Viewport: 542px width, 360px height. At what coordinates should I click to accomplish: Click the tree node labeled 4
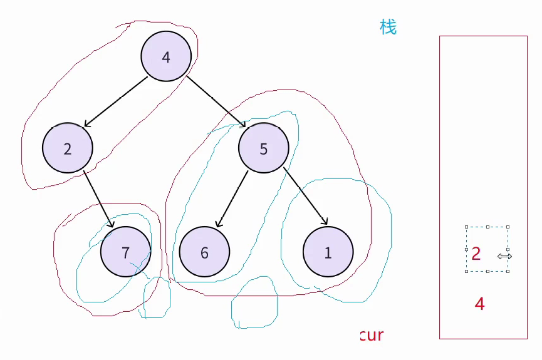click(165, 57)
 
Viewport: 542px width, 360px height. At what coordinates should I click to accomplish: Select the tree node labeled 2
click(68, 148)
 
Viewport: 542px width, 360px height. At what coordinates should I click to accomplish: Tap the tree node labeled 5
click(263, 148)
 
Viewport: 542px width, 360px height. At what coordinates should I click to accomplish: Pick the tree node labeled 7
click(125, 252)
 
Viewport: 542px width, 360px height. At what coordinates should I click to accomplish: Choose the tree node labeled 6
click(204, 252)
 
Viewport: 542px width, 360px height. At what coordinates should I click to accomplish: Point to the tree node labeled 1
click(328, 252)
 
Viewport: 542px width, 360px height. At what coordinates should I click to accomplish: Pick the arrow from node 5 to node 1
click(306, 195)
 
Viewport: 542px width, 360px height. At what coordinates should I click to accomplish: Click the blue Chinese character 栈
click(388, 27)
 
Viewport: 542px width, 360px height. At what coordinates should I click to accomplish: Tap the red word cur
click(372, 335)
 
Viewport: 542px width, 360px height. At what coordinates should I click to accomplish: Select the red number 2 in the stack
click(476, 254)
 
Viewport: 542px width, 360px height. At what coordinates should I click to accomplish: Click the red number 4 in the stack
click(480, 304)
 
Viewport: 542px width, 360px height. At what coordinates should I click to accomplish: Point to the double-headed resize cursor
click(505, 256)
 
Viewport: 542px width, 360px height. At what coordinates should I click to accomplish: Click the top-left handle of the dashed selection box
click(466, 227)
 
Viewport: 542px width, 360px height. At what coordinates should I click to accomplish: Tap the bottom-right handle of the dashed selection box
click(508, 271)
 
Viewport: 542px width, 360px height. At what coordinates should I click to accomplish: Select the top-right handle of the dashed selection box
click(508, 227)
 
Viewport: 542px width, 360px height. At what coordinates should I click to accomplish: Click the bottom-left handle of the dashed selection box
click(466, 271)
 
